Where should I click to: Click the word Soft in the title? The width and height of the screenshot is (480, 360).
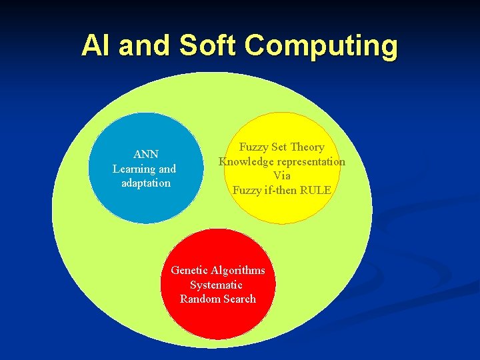coord(207,45)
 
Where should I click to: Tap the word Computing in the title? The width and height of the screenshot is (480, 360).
coord(321,47)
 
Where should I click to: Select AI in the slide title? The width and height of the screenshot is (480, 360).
coord(93,45)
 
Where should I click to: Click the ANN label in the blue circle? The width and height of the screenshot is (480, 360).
coord(145,155)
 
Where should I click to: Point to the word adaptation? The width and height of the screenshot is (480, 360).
coord(146,183)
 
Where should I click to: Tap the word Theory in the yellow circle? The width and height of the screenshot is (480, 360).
coord(307,147)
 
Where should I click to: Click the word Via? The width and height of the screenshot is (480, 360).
coord(282,175)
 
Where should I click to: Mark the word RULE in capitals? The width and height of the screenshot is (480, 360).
coord(315,190)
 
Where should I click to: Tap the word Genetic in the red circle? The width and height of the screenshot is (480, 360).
coord(190,270)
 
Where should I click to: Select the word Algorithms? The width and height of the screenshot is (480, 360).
coord(238,270)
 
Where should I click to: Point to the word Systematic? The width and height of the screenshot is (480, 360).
coord(216,285)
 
